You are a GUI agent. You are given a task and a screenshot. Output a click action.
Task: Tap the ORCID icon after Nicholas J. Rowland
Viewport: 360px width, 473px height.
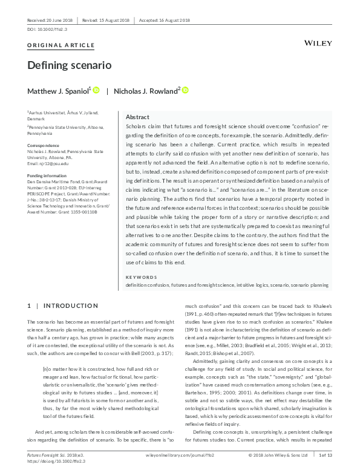(185, 90)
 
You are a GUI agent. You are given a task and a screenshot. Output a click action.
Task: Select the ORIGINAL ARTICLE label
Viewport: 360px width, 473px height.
(61, 45)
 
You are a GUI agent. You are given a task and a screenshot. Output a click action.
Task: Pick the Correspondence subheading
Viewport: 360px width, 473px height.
(43, 146)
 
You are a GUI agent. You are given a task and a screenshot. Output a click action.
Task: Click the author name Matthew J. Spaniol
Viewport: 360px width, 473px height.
(58, 91)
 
